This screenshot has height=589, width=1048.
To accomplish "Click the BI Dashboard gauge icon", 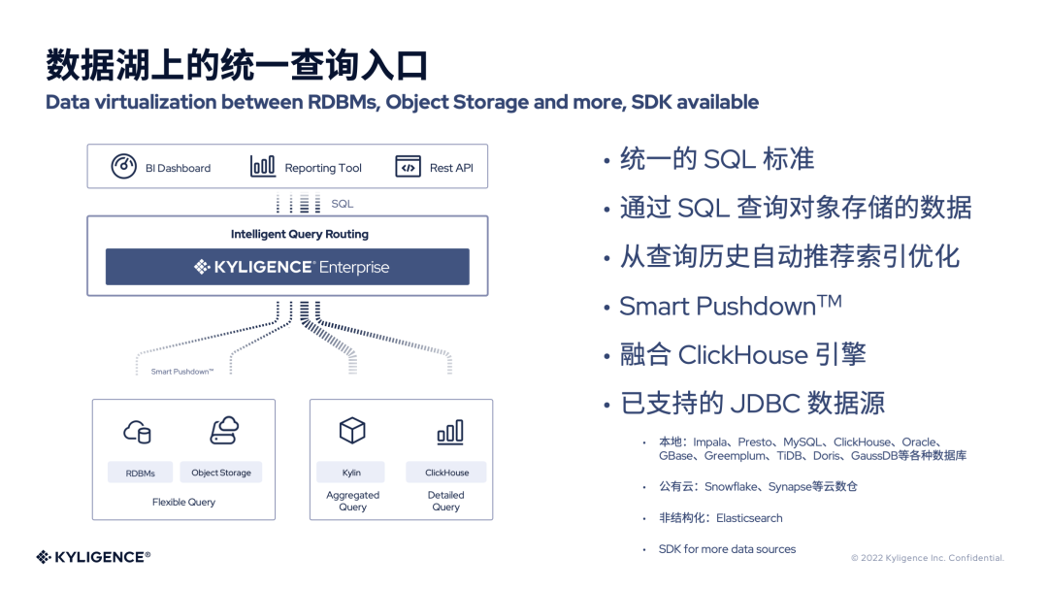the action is [123, 167].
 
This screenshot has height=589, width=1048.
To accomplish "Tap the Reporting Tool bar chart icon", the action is [262, 166].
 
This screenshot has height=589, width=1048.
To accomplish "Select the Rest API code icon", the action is [408, 167].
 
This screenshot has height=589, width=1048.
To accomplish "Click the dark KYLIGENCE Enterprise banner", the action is [287, 267].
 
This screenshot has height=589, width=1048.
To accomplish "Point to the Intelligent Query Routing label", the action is [300, 234].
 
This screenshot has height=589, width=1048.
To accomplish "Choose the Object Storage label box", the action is [221, 473].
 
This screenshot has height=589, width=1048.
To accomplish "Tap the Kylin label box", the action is [351, 473].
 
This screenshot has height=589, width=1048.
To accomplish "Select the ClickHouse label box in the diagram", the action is [446, 473].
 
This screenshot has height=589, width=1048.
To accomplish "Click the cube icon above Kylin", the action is [351, 431].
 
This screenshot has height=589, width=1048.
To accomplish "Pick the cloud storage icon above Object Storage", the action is [224, 431].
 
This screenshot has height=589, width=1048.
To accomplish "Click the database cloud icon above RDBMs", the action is [138, 432].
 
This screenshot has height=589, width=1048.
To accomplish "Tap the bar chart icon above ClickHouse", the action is [449, 432].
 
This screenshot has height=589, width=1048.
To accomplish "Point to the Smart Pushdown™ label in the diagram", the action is [182, 372].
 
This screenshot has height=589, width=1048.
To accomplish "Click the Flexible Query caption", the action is [183, 502].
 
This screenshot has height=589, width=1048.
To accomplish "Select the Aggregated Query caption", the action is [352, 501].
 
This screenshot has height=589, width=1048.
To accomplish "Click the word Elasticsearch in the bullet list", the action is [749, 518].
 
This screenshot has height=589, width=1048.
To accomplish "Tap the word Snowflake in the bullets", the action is [733, 486].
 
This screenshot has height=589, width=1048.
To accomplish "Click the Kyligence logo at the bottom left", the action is [93, 557].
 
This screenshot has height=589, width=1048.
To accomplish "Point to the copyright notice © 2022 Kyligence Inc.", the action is [927, 558].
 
